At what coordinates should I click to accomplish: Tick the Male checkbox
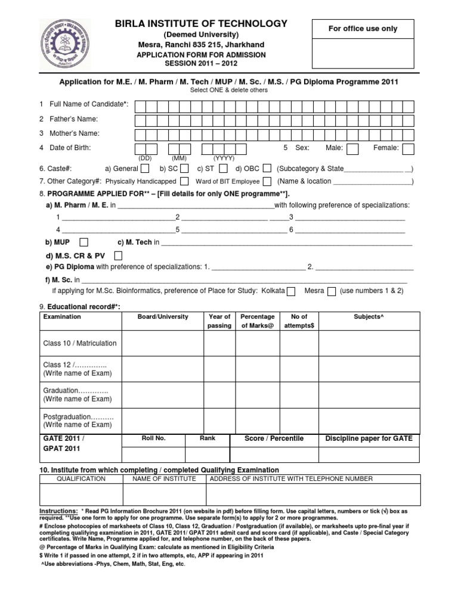click(x=352, y=149)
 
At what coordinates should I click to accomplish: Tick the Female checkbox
click(x=408, y=149)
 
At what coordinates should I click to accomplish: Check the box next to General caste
click(x=145, y=169)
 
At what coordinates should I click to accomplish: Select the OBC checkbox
click(x=267, y=169)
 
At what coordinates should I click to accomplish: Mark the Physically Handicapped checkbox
click(x=184, y=181)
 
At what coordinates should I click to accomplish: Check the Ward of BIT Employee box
click(x=267, y=181)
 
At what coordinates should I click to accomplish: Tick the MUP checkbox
click(x=84, y=242)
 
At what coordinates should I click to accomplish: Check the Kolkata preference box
click(x=291, y=291)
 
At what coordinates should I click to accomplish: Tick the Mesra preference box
click(x=332, y=291)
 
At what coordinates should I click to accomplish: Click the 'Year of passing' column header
click(x=219, y=321)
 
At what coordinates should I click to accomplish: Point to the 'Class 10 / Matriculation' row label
click(x=80, y=343)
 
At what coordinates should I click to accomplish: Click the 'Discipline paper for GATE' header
click(x=369, y=438)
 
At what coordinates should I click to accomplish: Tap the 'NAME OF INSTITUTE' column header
click(x=164, y=478)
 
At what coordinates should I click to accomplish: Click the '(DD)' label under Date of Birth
click(x=146, y=158)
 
